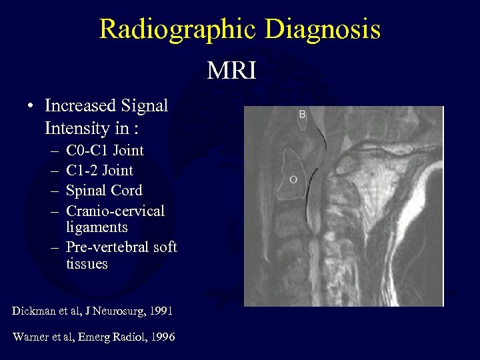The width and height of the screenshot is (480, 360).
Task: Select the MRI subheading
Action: tap(231, 70)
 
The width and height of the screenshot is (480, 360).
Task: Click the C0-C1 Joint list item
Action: tap(105, 151)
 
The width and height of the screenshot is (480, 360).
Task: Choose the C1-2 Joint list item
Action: tap(99, 171)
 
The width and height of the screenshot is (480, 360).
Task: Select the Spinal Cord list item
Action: tap(104, 191)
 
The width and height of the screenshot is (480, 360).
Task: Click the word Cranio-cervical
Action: tap(115, 211)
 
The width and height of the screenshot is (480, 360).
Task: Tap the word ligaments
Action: tap(97, 227)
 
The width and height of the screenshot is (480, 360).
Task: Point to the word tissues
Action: tap(87, 264)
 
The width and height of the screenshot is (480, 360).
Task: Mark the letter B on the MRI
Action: tap(302, 115)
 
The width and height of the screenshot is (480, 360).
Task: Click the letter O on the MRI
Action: tap(293, 179)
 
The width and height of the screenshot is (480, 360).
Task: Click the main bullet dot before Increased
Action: tap(31, 107)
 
